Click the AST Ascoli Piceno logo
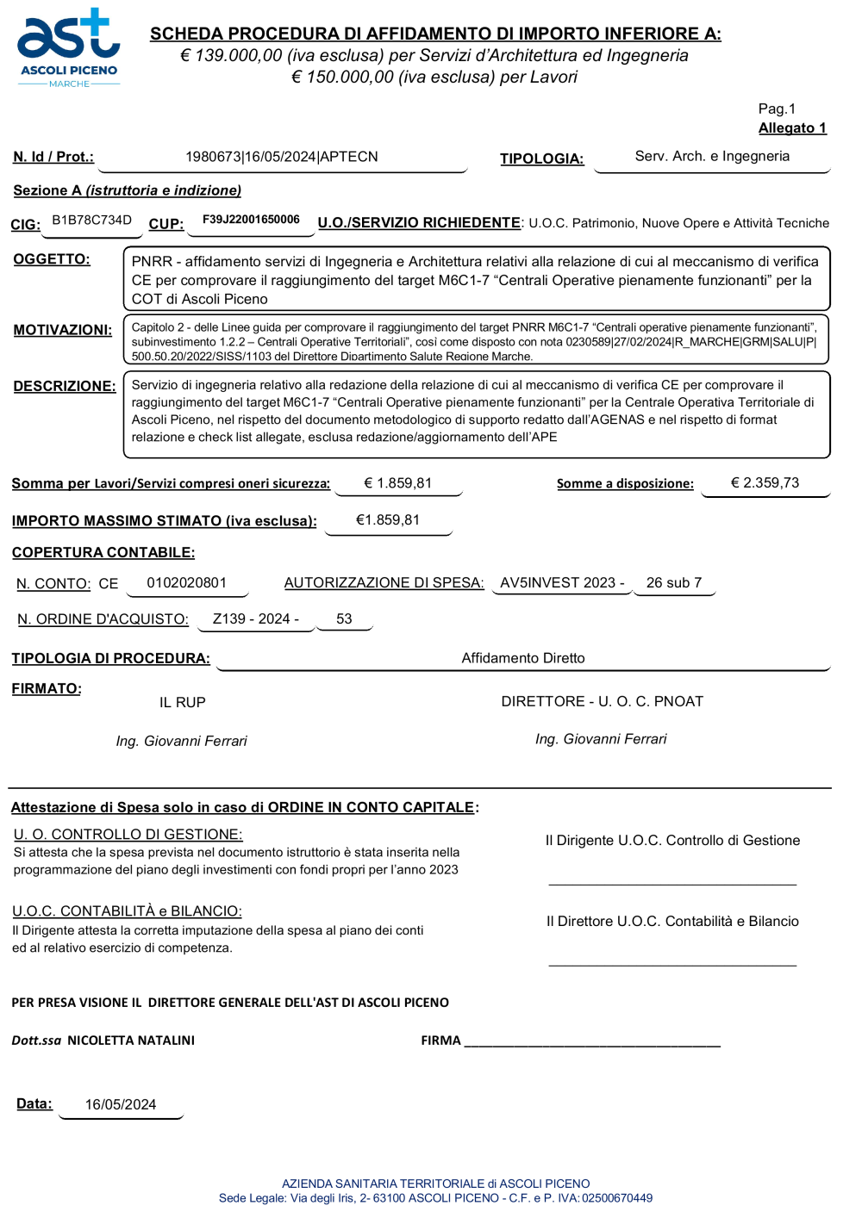69,48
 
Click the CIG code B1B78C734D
91,220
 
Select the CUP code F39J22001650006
251,220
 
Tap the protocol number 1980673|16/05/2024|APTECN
282,157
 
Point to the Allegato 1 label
792,128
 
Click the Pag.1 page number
777,109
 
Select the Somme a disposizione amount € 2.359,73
765,483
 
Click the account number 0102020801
186,583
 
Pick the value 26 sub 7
674,583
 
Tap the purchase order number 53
344,619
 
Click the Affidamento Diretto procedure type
523,658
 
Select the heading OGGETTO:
52,259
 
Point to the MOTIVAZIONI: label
63,330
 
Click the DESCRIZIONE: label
65,386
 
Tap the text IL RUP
183,703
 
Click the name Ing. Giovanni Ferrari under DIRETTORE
601,739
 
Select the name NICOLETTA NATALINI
131,1041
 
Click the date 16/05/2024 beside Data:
121,1105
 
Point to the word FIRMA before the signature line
440,1041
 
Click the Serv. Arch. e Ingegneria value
712,156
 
